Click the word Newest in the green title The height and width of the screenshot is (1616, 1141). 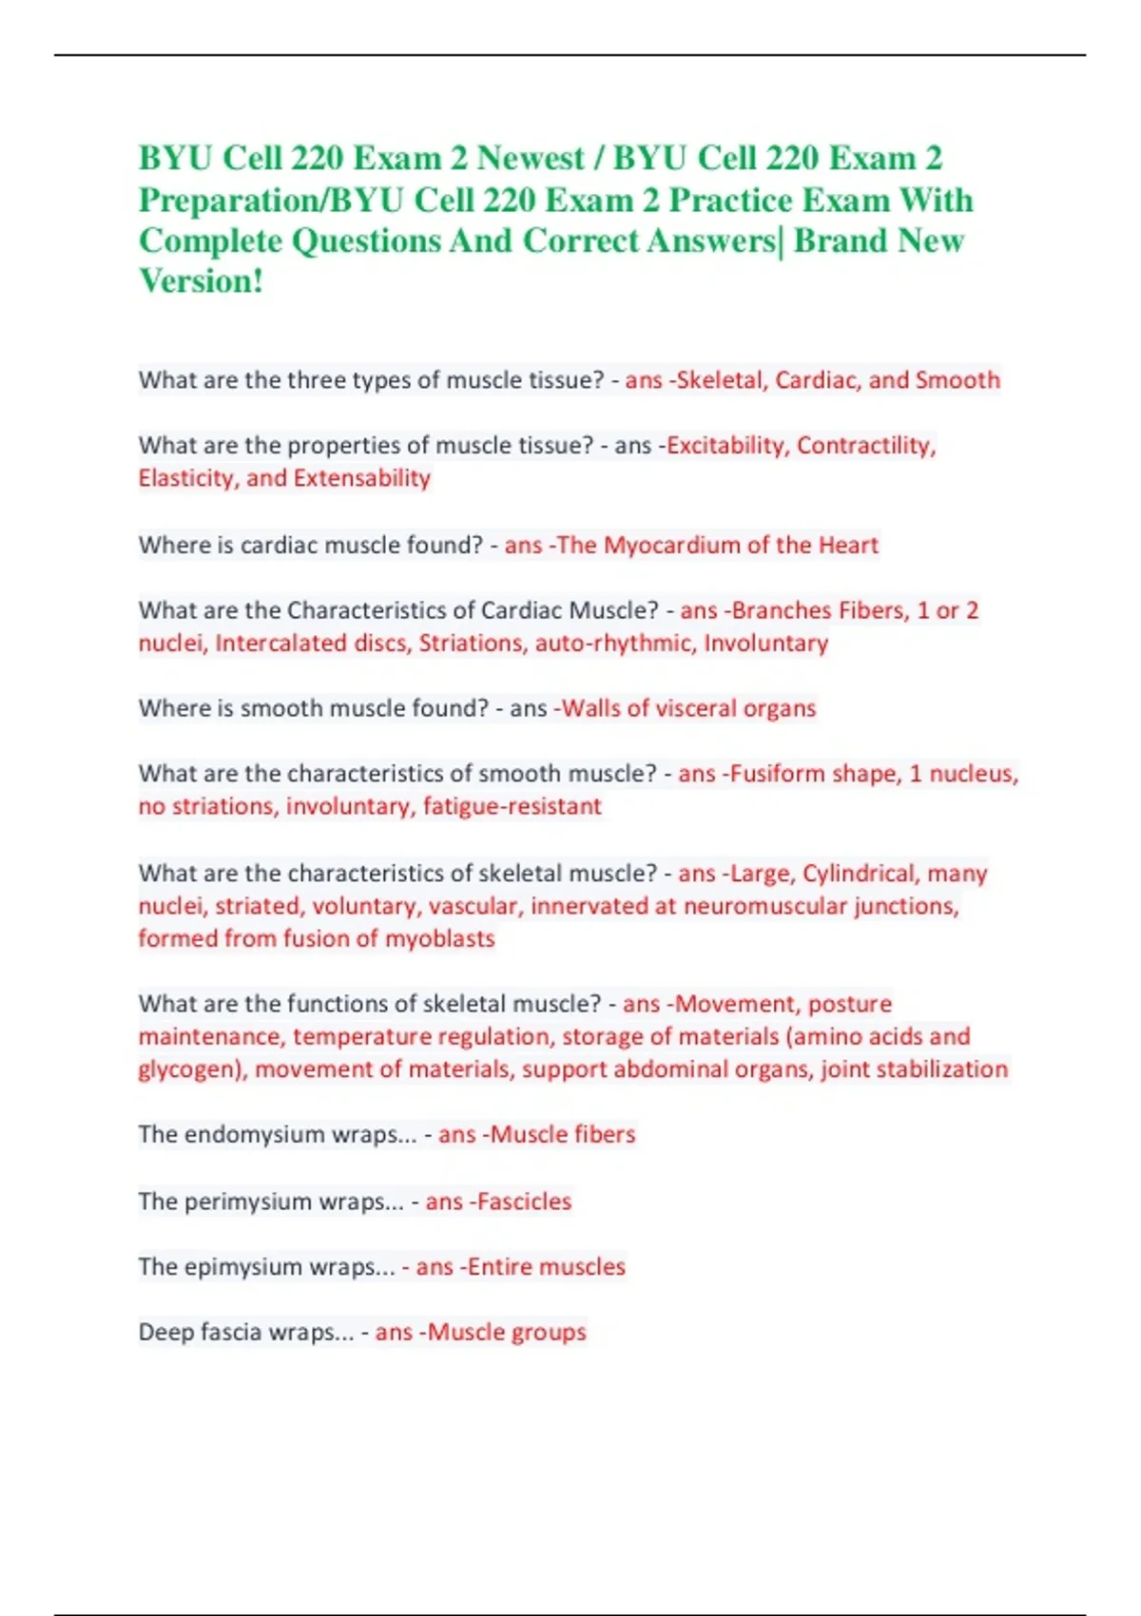(x=531, y=158)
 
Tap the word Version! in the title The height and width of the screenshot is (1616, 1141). (x=201, y=281)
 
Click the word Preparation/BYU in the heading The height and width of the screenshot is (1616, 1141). (x=272, y=201)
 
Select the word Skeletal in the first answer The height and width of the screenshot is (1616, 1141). (x=720, y=380)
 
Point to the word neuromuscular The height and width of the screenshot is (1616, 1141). (x=764, y=906)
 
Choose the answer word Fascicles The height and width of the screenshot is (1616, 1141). (x=524, y=1202)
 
